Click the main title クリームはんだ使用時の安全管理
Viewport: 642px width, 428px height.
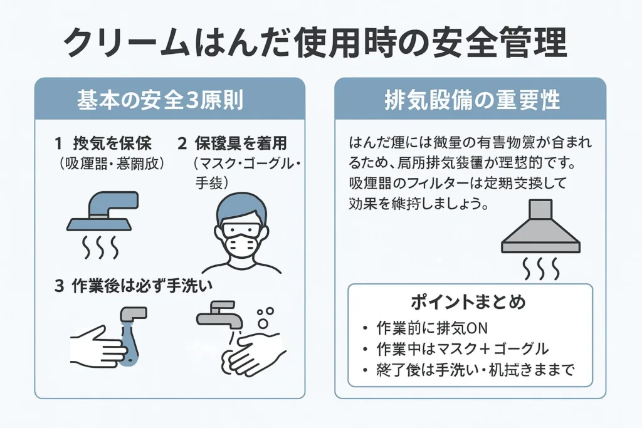click(316, 44)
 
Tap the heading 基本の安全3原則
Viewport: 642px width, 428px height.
click(169, 100)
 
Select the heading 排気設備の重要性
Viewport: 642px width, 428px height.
click(470, 100)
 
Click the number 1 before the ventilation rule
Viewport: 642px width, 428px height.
click(58, 144)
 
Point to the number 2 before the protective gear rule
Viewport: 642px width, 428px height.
click(182, 144)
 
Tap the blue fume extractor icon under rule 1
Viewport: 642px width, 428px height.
click(103, 210)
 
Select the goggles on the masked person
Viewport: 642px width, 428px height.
click(241, 229)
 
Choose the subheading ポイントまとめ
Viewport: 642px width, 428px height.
click(468, 302)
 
